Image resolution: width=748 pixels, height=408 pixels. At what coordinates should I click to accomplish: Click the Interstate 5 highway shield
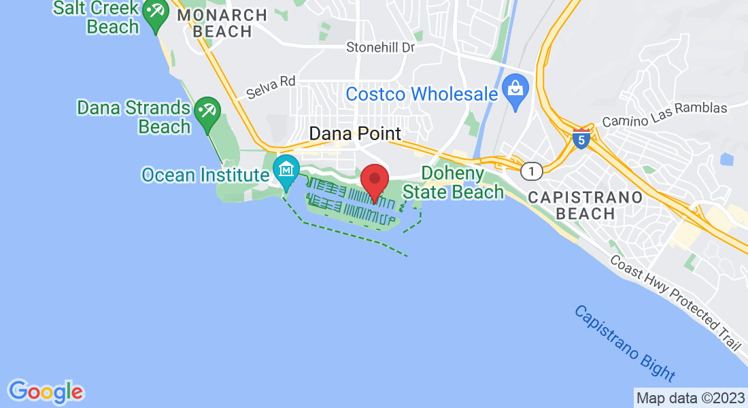[580, 139]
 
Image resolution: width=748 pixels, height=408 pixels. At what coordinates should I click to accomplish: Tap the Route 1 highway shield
[532, 171]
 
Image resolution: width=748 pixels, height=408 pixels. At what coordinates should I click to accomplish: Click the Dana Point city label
[355, 133]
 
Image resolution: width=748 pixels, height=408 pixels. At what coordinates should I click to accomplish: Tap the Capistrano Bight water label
[624, 343]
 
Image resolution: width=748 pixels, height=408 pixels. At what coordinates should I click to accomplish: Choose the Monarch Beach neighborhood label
[222, 23]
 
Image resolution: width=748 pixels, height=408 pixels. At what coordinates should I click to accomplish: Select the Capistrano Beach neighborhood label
[585, 205]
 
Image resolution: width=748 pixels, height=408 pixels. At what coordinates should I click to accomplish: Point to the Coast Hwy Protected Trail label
[674, 302]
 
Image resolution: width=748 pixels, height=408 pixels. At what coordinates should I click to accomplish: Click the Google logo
[46, 391]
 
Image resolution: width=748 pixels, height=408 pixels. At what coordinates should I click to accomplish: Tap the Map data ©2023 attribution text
[690, 398]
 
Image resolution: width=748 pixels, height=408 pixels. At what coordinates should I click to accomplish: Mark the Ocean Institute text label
[205, 175]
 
